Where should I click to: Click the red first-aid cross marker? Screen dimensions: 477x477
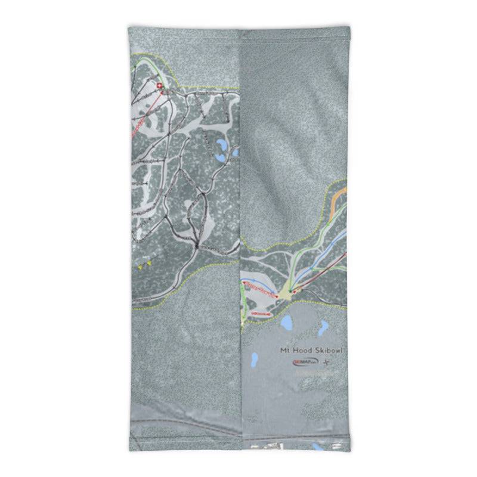pyautogui.click(x=159, y=86)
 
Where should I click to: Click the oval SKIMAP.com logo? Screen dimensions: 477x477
pyautogui.click(x=305, y=362)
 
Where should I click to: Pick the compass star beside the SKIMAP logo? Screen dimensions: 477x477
pyautogui.click(x=326, y=363)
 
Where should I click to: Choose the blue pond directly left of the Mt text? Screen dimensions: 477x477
pyautogui.click(x=255, y=359)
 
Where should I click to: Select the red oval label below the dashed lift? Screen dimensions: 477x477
pyautogui.click(x=261, y=312)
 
